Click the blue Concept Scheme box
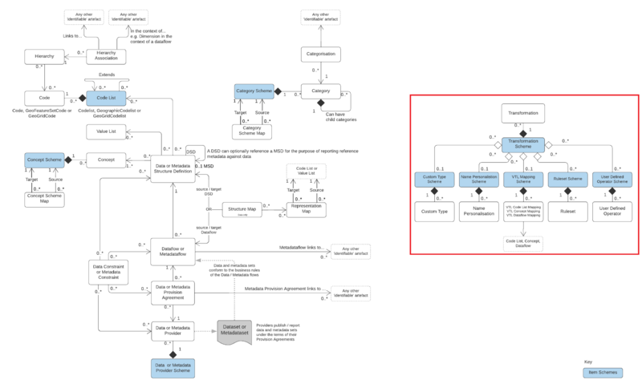point(43,160)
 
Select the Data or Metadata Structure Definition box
point(174,165)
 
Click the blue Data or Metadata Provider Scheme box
point(174,367)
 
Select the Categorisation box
point(321,55)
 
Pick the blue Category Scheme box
point(254,92)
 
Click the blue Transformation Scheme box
point(523,144)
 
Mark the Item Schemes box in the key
point(603,373)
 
